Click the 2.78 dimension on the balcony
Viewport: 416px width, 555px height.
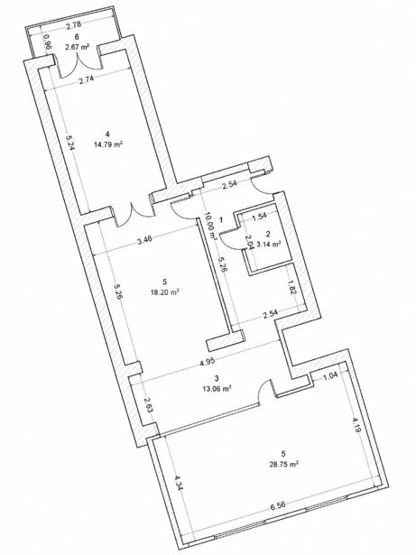click(x=74, y=24)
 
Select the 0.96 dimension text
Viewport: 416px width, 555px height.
click(x=48, y=42)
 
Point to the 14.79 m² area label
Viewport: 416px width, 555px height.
click(x=108, y=144)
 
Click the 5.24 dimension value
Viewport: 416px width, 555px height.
click(x=70, y=141)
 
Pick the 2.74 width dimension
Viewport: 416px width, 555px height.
click(x=87, y=79)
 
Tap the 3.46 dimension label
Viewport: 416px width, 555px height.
click(x=144, y=241)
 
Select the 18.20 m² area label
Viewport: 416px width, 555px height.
click(x=164, y=292)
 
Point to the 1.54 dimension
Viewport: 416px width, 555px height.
click(x=259, y=217)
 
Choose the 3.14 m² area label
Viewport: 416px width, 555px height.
click(x=269, y=244)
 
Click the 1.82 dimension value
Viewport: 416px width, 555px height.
click(x=291, y=287)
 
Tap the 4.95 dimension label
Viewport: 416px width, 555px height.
click(x=208, y=363)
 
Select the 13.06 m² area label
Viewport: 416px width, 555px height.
click(x=217, y=388)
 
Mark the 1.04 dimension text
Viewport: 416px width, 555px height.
click(x=330, y=376)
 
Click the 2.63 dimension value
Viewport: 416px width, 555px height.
click(x=149, y=405)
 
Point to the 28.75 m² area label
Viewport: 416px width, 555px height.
click(x=283, y=465)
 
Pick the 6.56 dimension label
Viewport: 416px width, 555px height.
click(x=278, y=504)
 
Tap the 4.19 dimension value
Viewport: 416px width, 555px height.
click(x=356, y=425)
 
